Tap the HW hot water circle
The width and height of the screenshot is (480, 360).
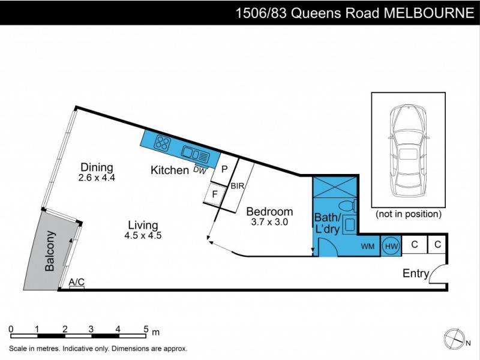(391, 246)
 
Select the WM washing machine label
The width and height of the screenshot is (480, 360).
(367, 247)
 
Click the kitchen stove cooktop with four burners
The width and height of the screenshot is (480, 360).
(162, 143)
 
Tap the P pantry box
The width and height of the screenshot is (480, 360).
(224, 170)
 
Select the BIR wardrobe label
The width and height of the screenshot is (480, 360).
(237, 187)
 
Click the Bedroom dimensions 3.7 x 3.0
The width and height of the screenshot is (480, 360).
(269, 222)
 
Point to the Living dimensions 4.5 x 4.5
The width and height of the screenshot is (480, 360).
(143, 235)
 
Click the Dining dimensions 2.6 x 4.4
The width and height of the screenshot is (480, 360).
(97, 178)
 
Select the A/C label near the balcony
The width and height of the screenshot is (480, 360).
(76, 281)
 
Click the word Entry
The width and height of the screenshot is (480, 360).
(416, 274)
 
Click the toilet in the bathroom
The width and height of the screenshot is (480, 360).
(351, 206)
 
